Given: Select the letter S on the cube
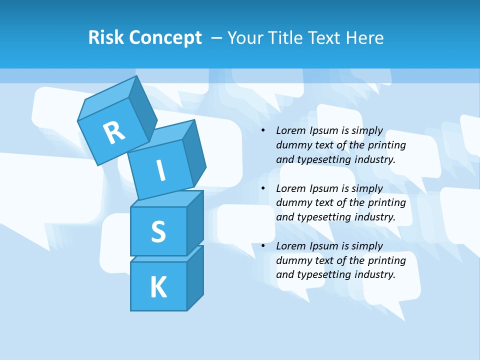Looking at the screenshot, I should [158, 231].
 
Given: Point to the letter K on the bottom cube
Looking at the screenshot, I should [158, 287].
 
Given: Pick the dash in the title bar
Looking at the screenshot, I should [217, 38].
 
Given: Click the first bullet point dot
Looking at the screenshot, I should [263, 131].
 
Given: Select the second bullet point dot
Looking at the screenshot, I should [263, 189].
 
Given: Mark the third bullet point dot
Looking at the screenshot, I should [263, 246].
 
